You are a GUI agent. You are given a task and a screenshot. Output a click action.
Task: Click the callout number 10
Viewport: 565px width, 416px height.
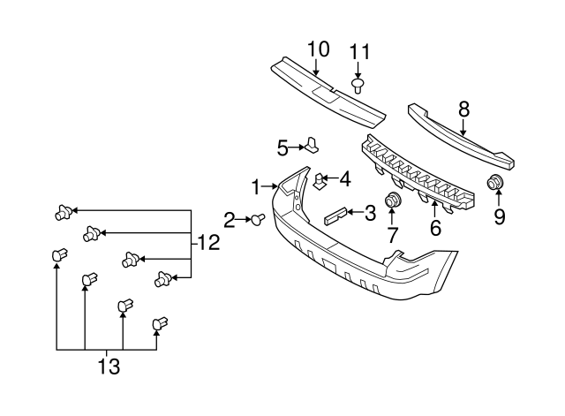(317, 49)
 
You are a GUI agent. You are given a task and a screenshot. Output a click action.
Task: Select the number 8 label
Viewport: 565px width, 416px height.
(463, 110)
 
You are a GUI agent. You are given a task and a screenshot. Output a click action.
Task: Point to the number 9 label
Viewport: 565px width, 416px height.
(499, 216)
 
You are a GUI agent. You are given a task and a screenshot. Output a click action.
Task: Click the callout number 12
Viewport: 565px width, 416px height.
(207, 241)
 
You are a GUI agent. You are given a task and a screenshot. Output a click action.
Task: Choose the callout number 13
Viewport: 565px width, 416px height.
(109, 364)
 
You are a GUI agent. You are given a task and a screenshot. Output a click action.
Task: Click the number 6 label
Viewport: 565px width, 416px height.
(434, 229)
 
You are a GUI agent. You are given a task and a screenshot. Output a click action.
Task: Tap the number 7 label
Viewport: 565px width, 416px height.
(393, 235)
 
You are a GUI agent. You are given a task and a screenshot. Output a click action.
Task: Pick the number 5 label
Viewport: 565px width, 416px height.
(282, 147)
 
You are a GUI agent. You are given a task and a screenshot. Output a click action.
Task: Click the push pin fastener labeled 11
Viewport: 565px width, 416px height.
(358, 85)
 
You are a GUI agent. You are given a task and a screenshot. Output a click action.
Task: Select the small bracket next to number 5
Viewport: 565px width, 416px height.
(312, 144)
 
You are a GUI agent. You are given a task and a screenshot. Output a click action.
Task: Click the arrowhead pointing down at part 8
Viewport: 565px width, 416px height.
(463, 131)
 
